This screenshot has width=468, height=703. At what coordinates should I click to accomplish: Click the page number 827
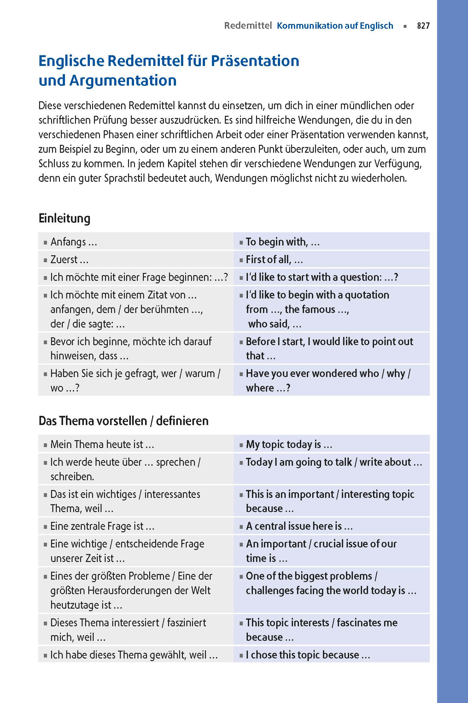tap(423, 26)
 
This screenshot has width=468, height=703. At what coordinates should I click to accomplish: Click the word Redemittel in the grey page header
tap(248, 26)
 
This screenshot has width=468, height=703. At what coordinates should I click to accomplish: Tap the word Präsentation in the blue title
tap(255, 61)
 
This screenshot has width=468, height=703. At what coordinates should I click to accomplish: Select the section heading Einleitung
tap(64, 218)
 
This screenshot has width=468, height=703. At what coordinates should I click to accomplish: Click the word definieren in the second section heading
tap(182, 421)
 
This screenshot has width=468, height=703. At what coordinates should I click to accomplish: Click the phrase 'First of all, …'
tap(274, 260)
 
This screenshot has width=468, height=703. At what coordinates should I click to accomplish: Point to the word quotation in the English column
tap(367, 295)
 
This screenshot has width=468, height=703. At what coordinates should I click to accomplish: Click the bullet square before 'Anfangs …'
tap(45, 243)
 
